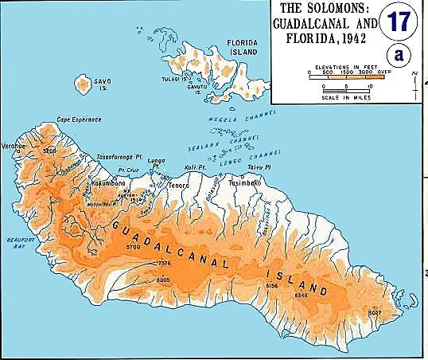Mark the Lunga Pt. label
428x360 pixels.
click(156, 163)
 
